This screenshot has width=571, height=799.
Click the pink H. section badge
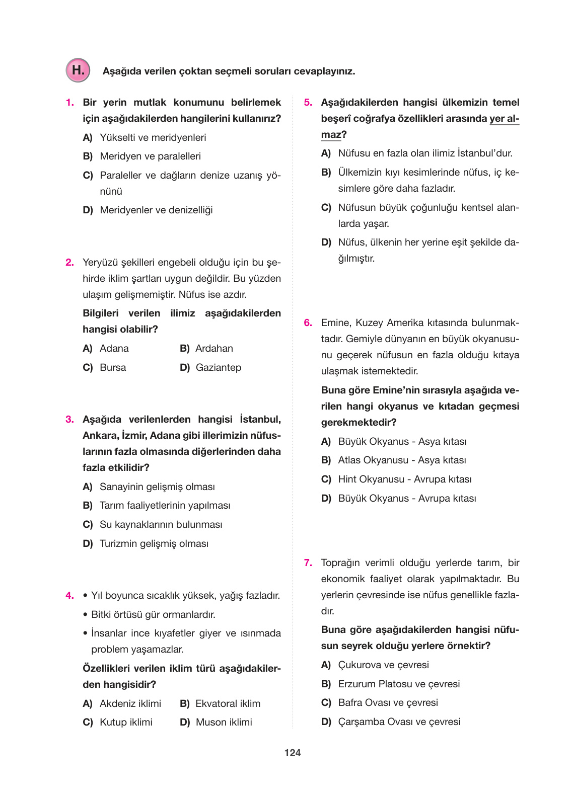pos(78,70)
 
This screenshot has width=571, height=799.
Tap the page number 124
pos(292,753)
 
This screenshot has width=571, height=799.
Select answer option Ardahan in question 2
pos(213,348)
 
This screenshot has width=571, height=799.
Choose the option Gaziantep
pos(218,367)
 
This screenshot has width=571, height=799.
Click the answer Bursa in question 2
pos(113,367)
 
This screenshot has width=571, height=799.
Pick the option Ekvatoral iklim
pos(228,703)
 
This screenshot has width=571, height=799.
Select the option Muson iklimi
pos(224,722)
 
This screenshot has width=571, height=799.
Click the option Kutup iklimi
pos(126,722)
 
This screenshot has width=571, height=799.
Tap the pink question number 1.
pos(70,103)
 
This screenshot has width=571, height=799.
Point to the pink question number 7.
pos(308,563)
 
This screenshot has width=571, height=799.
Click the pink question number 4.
pos(70,595)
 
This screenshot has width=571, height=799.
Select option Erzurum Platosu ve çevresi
pos(398,684)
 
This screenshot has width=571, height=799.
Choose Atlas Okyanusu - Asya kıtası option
pos(401,460)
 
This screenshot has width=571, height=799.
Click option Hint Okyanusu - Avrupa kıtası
pos(404,479)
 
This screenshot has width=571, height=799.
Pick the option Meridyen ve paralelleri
pos(150,156)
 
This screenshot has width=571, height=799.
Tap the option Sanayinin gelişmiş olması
pos(157,487)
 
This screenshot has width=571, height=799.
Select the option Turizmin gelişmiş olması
pos(154,543)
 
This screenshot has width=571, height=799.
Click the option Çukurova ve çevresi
pos(383,665)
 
